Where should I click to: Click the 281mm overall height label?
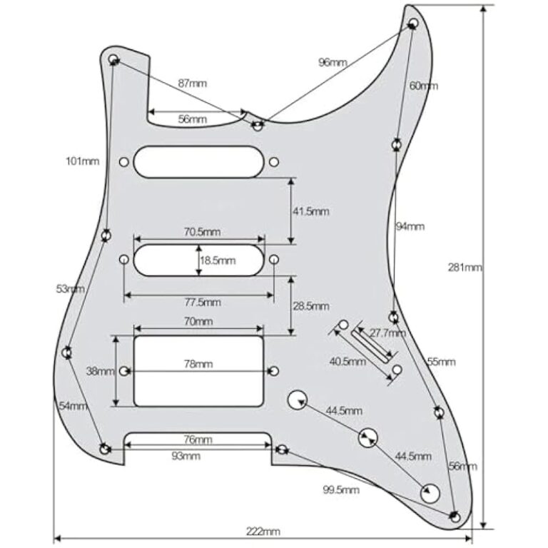(465, 268)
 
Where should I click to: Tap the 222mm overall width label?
(263, 532)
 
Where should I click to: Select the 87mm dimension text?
(192, 83)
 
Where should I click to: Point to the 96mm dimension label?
(333, 63)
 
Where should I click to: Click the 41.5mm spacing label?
(310, 211)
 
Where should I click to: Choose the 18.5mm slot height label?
(218, 260)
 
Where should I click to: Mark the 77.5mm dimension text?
(203, 303)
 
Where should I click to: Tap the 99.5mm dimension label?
(341, 490)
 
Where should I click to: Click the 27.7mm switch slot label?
(388, 333)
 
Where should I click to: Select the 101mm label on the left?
(83, 161)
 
